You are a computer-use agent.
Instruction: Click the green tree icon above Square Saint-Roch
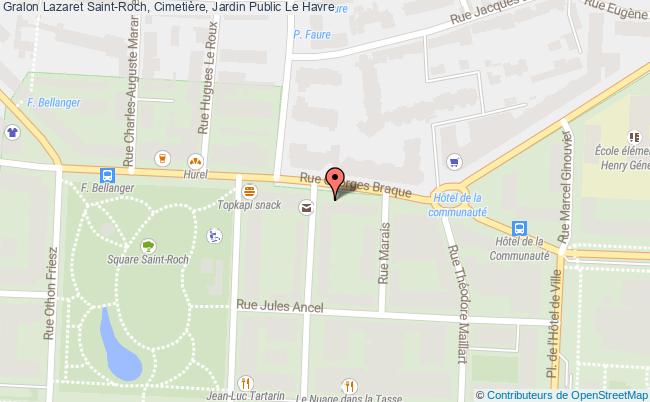tap(148, 246)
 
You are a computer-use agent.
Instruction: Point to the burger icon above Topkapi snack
tap(248, 190)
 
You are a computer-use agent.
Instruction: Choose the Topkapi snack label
tap(250, 206)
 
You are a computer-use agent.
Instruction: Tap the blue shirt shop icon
tap(12, 132)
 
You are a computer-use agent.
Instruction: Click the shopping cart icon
tap(455, 160)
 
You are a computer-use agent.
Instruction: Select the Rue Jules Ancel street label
tap(279, 306)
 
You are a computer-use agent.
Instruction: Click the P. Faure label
tap(313, 34)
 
